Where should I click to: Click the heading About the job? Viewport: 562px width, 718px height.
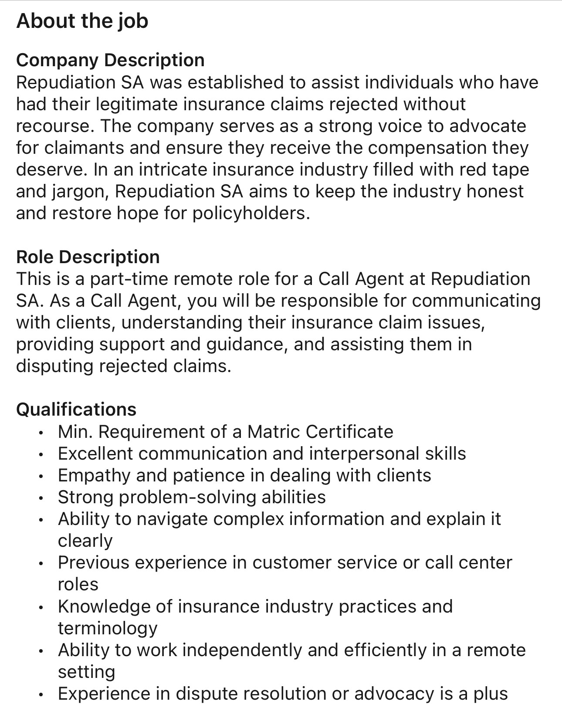[82, 21]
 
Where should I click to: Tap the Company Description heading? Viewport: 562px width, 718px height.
[110, 60]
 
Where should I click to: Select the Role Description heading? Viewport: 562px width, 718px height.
[88, 257]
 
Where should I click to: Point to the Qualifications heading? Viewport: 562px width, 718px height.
[76, 410]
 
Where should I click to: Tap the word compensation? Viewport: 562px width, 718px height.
[427, 148]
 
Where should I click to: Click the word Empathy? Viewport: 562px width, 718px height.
[94, 475]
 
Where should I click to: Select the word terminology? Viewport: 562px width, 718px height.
[108, 628]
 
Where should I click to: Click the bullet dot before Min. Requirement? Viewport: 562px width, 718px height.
[41, 433]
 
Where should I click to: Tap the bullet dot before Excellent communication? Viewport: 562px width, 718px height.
[41, 455]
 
